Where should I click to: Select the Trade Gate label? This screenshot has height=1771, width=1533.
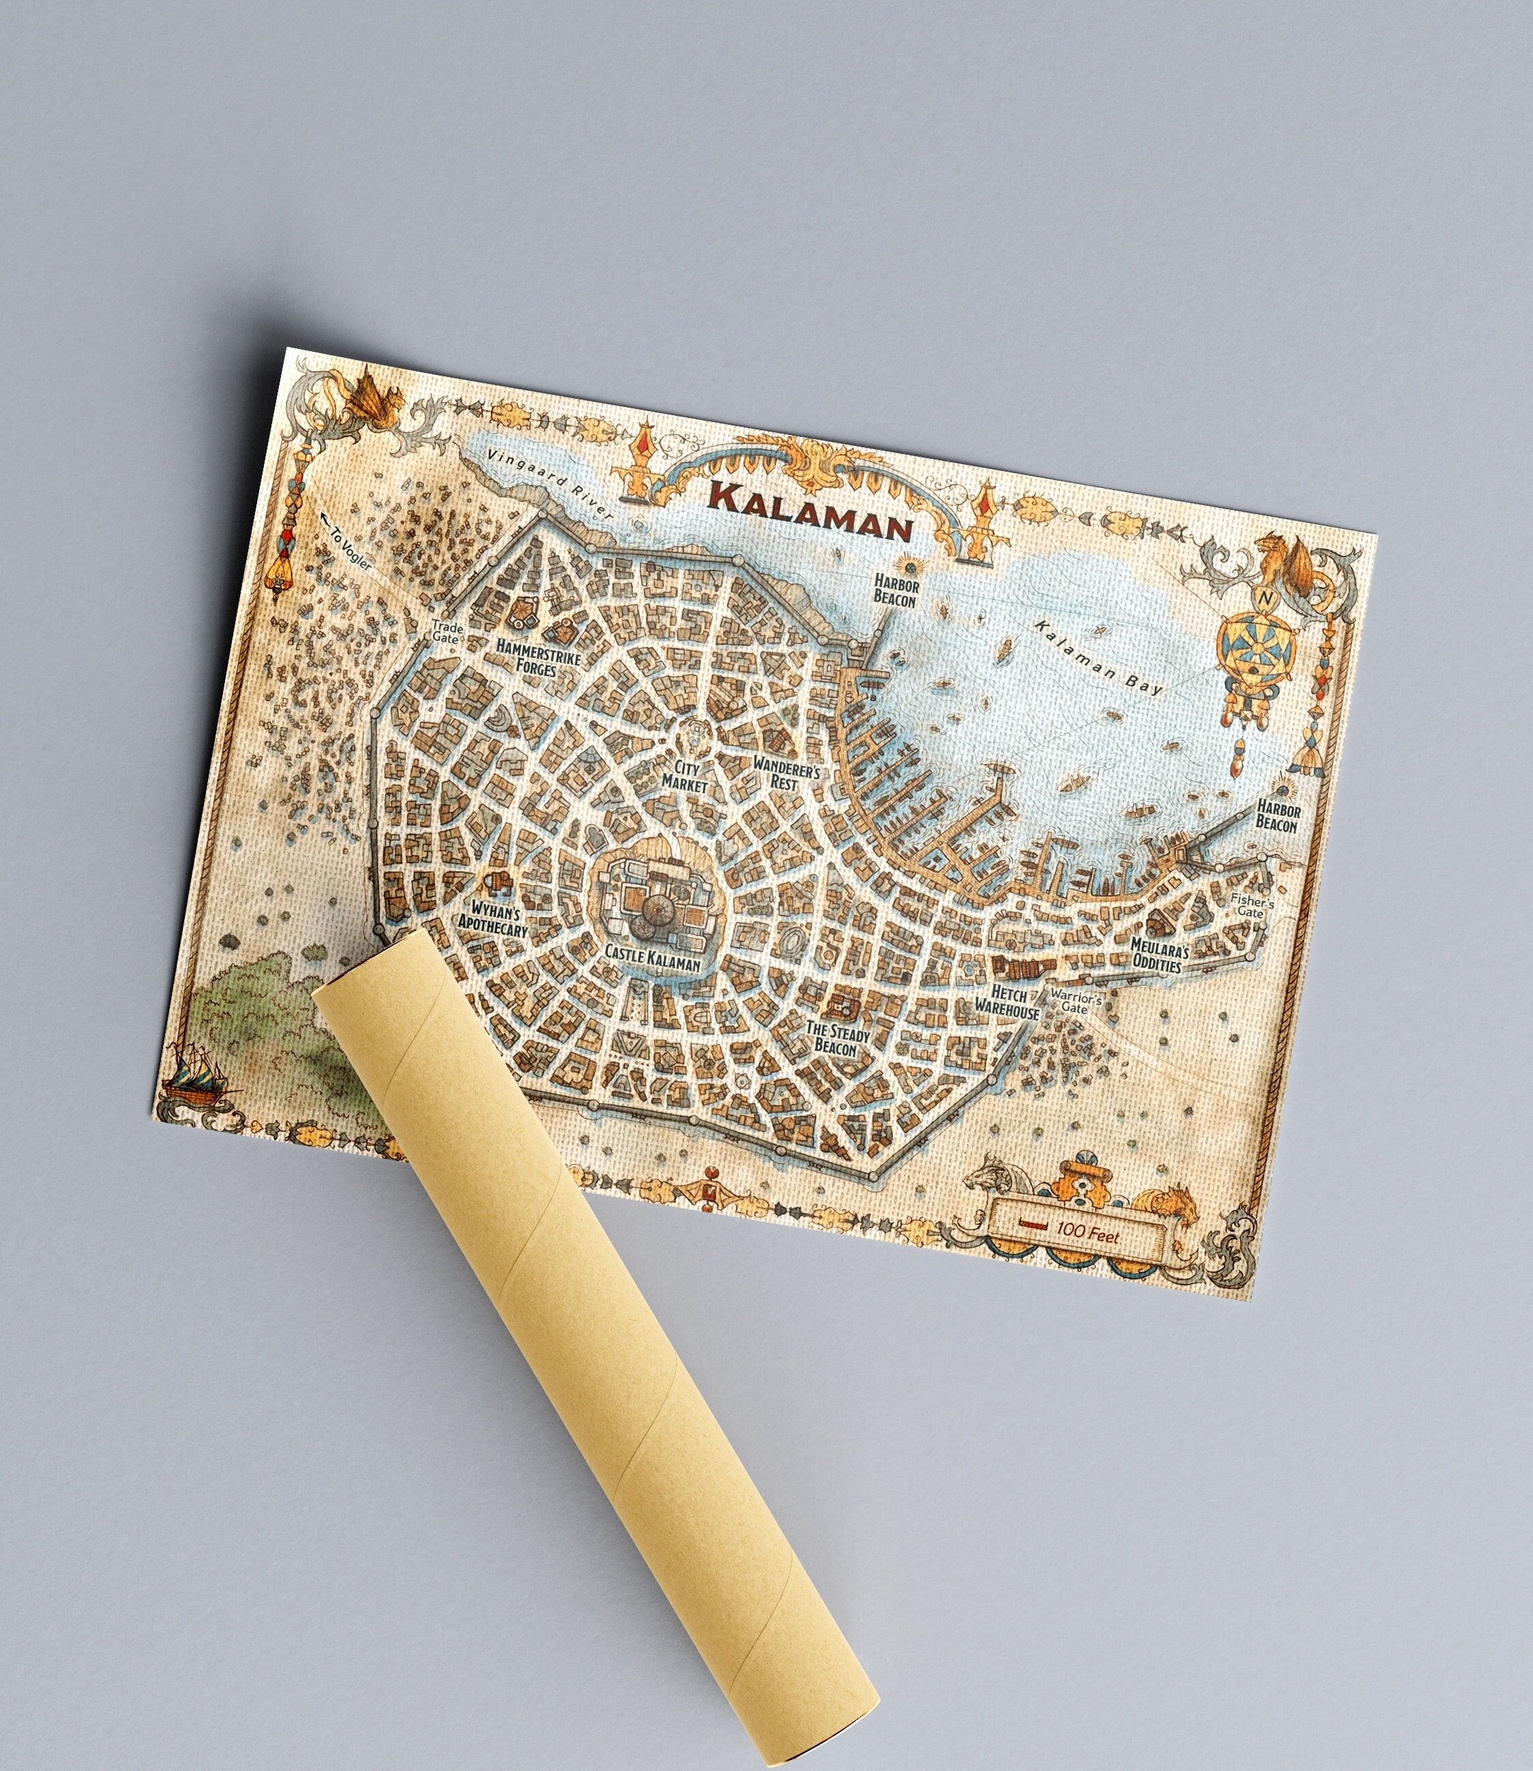pos(446,633)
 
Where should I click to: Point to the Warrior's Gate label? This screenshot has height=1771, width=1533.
pos(1075,1002)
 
